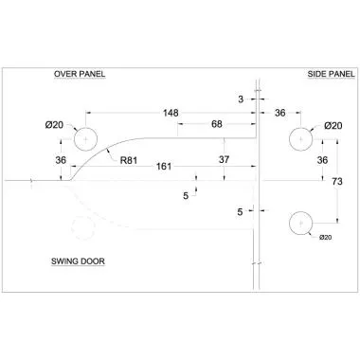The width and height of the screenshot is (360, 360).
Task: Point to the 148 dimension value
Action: [x=171, y=113]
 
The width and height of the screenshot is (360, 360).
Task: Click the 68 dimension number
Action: [x=217, y=124]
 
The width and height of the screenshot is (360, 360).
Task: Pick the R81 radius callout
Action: [x=131, y=160]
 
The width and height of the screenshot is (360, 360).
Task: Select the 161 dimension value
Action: [x=164, y=167]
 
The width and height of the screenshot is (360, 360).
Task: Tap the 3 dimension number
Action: [x=242, y=98]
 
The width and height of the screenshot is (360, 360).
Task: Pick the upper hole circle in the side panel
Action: [x=300, y=138]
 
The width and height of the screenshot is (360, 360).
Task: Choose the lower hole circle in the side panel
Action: [x=300, y=224]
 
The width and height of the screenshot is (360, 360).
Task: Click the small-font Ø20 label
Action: [x=327, y=237]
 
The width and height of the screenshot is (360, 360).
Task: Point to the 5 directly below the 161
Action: [x=186, y=194]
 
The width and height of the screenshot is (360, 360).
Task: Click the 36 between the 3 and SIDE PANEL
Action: [x=280, y=113]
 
